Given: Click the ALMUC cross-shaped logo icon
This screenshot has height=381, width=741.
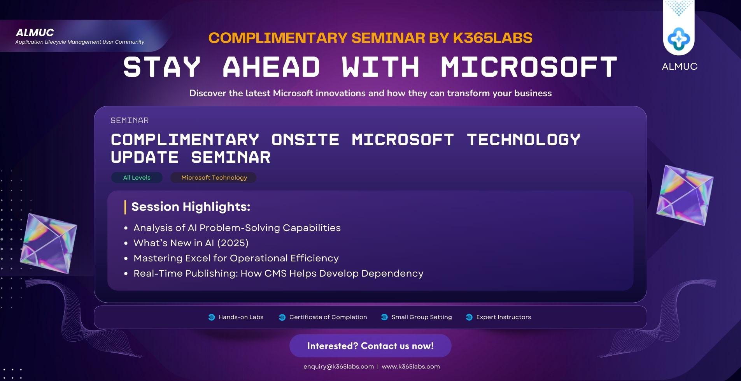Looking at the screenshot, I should click(x=679, y=39).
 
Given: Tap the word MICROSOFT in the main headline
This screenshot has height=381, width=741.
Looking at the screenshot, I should click(x=529, y=67).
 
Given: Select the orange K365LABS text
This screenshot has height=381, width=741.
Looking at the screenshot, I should click(x=492, y=38).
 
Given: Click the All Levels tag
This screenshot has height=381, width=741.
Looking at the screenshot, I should click(x=137, y=178).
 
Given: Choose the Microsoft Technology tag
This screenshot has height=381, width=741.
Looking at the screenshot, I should click(x=214, y=178).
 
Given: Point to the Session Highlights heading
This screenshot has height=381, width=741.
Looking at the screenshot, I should click(x=191, y=206).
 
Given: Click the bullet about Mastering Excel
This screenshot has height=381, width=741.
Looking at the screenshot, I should click(x=236, y=258).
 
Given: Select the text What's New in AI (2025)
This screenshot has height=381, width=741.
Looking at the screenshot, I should click(x=191, y=243).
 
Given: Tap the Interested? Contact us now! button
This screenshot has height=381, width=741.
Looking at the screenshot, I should click(x=370, y=346).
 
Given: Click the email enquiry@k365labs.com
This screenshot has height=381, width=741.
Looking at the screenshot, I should click(x=338, y=367).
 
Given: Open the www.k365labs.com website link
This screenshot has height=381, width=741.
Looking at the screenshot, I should click(x=411, y=367).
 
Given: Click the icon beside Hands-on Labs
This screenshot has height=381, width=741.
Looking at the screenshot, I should click(x=212, y=317).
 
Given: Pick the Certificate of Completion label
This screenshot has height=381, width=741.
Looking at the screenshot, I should click(x=328, y=317).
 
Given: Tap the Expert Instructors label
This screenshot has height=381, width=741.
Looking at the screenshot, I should click(x=503, y=317).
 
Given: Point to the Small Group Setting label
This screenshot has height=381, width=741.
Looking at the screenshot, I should click(x=422, y=317).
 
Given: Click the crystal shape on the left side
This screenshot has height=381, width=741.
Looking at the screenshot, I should click(x=49, y=243).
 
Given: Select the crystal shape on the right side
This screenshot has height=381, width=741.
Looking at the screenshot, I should click(x=685, y=195).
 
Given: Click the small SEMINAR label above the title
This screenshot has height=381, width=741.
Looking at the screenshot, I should click(x=130, y=121).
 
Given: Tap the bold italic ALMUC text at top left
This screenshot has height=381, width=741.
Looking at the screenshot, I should click(x=35, y=33).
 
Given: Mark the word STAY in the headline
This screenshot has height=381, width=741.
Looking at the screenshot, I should click(x=162, y=67).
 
